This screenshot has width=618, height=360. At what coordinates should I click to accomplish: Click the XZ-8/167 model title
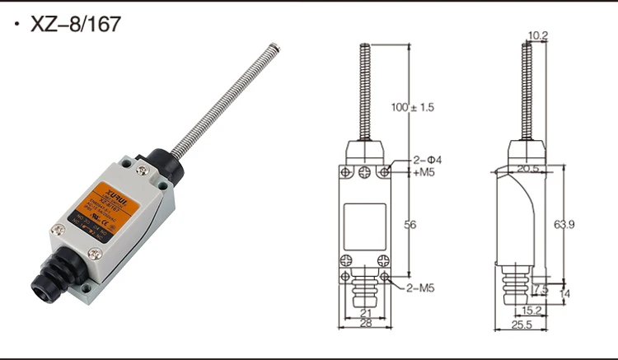pyautogui.click(x=75, y=24)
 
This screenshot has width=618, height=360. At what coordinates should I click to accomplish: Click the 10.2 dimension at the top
pyautogui.click(x=538, y=35)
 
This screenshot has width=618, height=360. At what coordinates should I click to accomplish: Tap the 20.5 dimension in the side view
pyautogui.click(x=528, y=168)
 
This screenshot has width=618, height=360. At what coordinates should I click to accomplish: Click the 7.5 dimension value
pyautogui.click(x=541, y=288)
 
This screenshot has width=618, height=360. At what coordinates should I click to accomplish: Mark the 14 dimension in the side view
pyautogui.click(x=564, y=293)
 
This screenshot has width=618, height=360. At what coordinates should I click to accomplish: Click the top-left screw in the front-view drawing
pyautogui.click(x=344, y=172)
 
